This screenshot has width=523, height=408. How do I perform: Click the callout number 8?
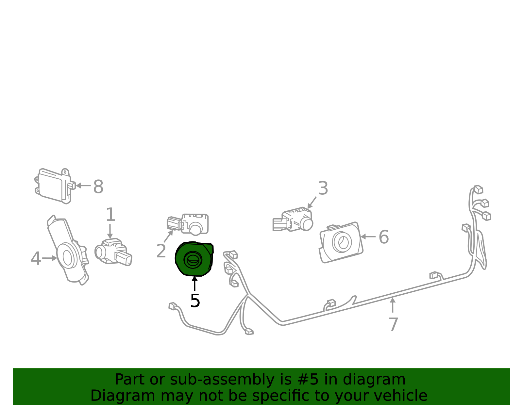[98, 187]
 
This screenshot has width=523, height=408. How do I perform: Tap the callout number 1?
[110, 214]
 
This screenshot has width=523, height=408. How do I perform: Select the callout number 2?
[161, 251]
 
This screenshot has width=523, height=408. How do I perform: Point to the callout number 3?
[323, 188]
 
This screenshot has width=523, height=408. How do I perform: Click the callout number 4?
[36, 258]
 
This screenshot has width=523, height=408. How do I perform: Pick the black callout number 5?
[195, 301]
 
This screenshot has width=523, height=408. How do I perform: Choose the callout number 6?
[384, 237]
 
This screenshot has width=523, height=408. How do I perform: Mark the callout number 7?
[393, 324]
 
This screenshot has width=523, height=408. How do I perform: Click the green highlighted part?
[194, 259]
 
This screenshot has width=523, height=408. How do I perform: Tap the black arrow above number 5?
[194, 284]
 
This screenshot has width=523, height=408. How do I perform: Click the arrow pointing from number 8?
[83, 186]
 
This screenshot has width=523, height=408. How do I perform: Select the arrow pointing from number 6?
[368, 237]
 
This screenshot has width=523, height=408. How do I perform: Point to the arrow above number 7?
[393, 305]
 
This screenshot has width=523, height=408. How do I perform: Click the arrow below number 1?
[110, 231]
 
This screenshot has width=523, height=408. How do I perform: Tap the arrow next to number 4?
[50, 258]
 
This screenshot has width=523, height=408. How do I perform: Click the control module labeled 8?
[55, 186]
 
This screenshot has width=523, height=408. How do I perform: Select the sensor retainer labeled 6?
[341, 242]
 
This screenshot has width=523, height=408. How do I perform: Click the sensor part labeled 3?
[293, 219]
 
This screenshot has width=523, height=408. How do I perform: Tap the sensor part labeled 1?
[113, 252]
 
